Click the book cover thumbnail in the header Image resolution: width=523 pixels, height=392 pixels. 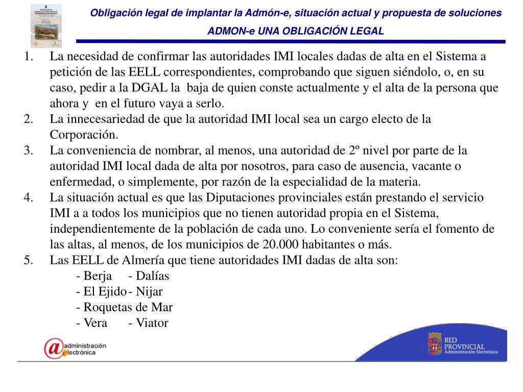[x=46, y=26]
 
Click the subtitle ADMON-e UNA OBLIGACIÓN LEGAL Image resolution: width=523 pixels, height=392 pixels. [x=295, y=31]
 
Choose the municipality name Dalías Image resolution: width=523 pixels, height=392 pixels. [x=152, y=276]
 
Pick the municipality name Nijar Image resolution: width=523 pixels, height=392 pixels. [x=149, y=292]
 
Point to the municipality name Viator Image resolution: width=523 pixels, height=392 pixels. [x=152, y=323]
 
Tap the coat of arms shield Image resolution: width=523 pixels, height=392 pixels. [x=435, y=344]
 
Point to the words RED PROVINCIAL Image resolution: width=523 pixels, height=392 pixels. [x=464, y=343]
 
